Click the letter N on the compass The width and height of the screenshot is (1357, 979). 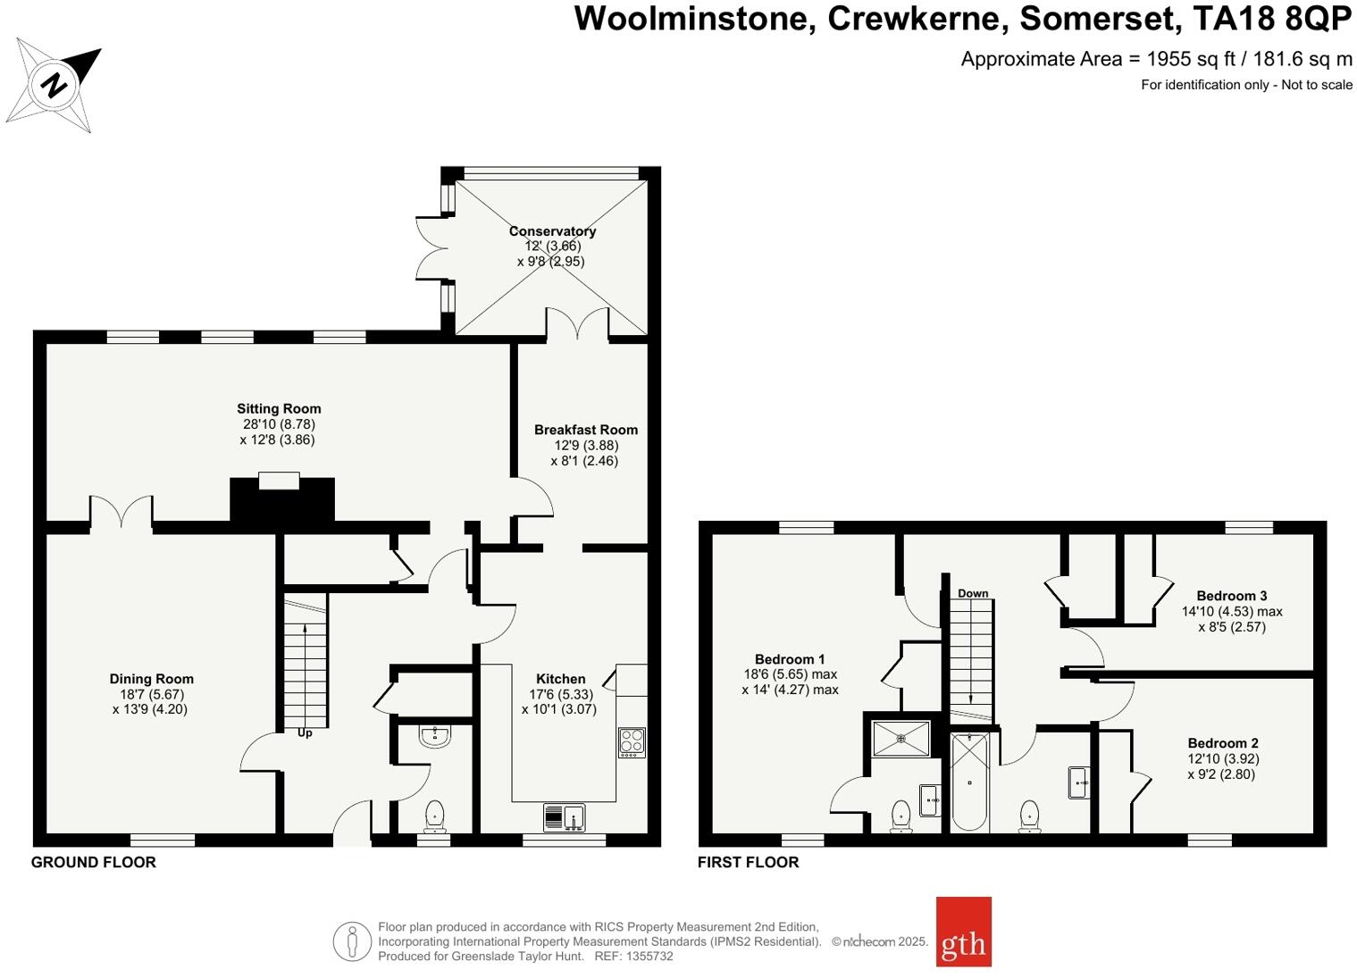click(x=55, y=86)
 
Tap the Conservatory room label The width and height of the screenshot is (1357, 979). click(x=552, y=230)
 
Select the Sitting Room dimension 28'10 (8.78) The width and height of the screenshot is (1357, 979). click(x=278, y=424)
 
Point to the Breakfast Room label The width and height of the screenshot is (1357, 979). click(x=585, y=430)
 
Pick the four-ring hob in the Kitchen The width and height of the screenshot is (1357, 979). click(x=632, y=743)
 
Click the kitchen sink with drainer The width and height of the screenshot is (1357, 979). click(x=564, y=817)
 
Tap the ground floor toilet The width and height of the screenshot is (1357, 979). click(x=434, y=816)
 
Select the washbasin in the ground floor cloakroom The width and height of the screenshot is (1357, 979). click(x=435, y=735)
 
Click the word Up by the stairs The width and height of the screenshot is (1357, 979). click(x=305, y=732)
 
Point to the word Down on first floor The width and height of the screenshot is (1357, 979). click(x=973, y=593)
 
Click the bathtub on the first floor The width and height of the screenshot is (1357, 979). click(x=969, y=782)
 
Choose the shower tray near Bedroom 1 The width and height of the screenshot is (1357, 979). click(x=901, y=738)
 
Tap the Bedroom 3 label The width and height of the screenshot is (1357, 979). click(x=1231, y=596)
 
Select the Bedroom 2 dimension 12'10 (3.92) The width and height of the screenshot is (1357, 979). click(x=1223, y=758)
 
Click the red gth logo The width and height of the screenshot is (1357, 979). click(x=963, y=932)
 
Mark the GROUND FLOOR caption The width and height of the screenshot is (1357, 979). click(x=94, y=862)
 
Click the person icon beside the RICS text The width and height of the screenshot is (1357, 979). click(x=352, y=941)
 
